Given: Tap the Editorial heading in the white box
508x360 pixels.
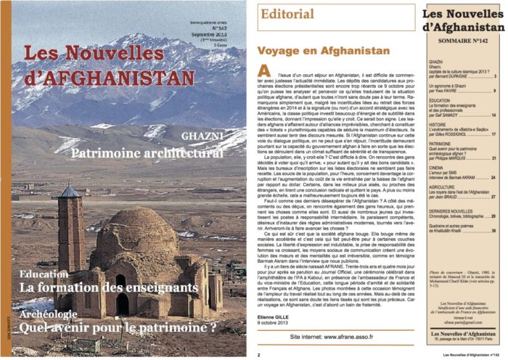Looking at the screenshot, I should pyautogui.click(x=286, y=14).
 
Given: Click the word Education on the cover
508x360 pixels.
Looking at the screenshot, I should pyautogui.click(x=45, y=295).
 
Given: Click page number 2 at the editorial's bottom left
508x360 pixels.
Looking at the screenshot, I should pyautogui.click(x=258, y=356).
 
